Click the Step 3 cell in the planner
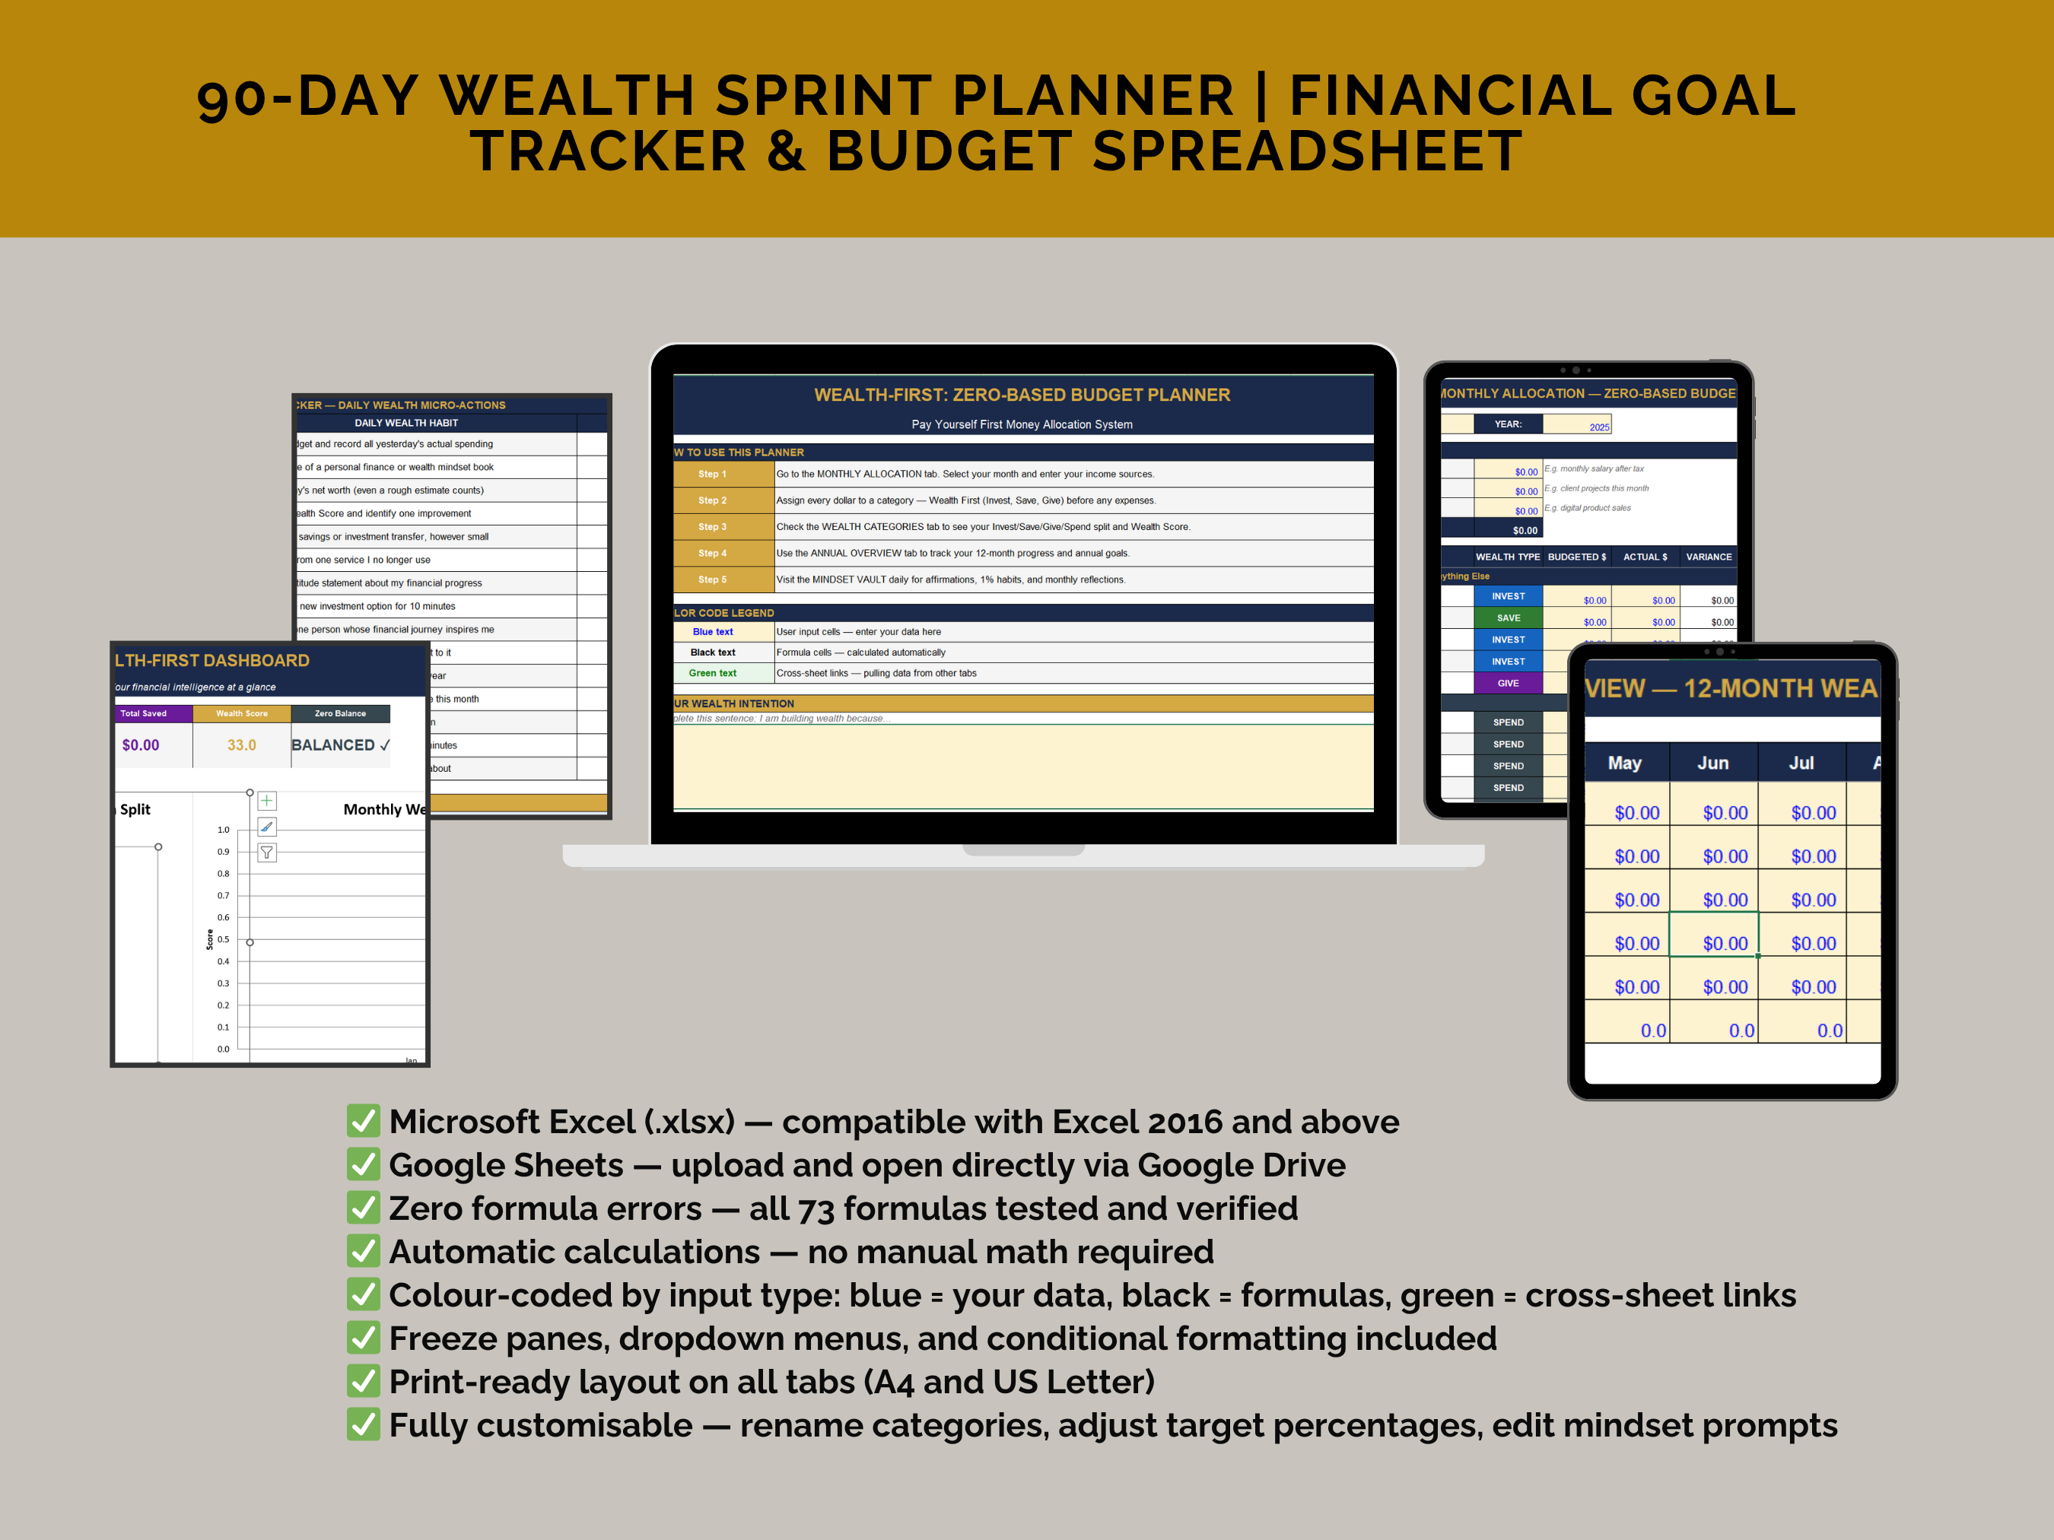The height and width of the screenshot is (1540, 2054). (713, 526)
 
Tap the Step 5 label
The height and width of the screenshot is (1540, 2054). (713, 579)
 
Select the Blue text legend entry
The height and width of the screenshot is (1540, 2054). (712, 632)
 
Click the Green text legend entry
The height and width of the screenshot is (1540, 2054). (712, 673)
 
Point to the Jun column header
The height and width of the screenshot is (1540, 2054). (1712, 763)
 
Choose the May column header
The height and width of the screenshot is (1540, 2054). (1624, 763)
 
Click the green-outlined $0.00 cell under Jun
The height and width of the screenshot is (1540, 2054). (1725, 942)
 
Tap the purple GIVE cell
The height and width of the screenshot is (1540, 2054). (1508, 683)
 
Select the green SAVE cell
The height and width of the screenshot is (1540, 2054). (1508, 618)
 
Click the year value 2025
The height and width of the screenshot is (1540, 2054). (1598, 427)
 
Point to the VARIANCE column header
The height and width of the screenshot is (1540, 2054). (1708, 557)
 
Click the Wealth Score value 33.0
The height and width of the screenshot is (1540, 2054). (241, 745)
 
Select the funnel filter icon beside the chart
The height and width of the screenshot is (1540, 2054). (266, 853)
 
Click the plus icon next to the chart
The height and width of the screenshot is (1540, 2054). (266, 801)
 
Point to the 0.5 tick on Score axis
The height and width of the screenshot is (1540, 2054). (223, 939)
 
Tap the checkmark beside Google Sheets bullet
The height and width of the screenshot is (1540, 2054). (363, 1164)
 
